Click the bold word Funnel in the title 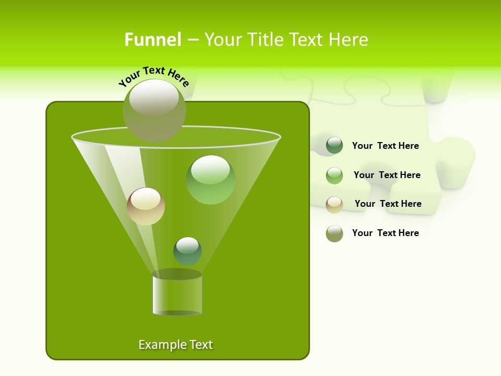(x=152, y=40)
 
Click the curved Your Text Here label (x=154, y=76)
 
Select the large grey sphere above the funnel (x=154, y=110)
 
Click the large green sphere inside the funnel (x=210, y=180)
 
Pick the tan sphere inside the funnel (x=146, y=206)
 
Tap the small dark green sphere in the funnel (x=187, y=251)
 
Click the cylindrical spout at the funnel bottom (x=177, y=293)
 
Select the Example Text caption (x=175, y=345)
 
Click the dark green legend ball (x=335, y=146)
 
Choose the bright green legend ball (x=335, y=175)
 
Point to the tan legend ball (x=335, y=204)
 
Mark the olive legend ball (x=335, y=233)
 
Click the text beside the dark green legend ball (x=385, y=146)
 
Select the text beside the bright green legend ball (x=387, y=175)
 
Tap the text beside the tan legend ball (x=388, y=204)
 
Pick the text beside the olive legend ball (x=385, y=233)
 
